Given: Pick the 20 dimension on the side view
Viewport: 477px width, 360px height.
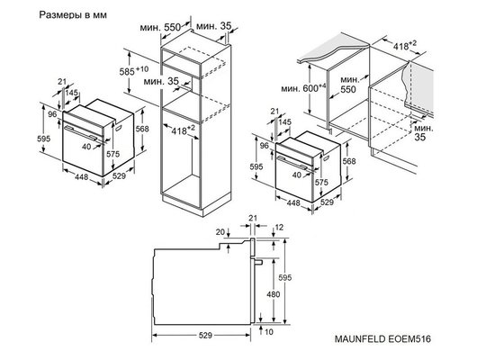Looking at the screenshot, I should [x=220, y=231].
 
